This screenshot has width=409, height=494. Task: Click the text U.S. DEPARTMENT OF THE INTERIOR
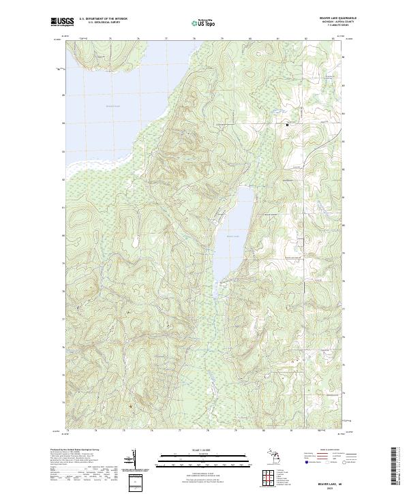pos(103,18)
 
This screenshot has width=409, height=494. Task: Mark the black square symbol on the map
pos(287,124)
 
